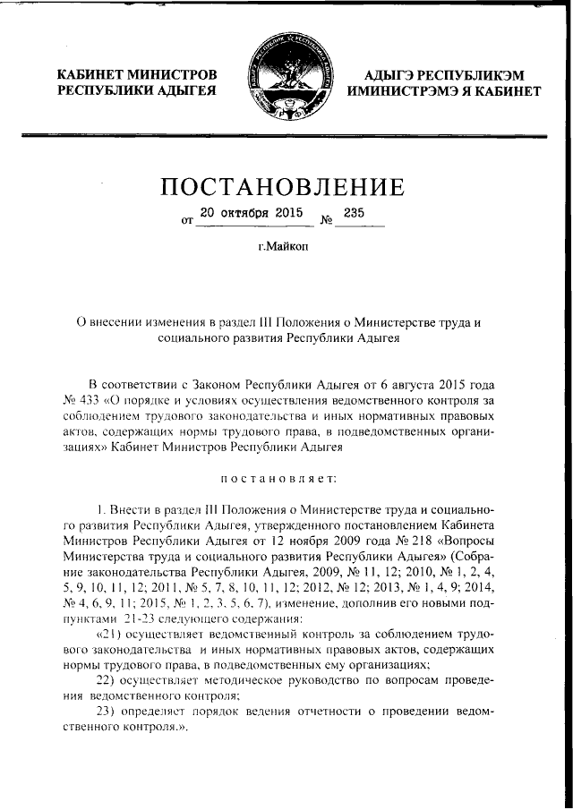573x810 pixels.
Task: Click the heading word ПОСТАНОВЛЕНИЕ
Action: pyautogui.click(x=282, y=188)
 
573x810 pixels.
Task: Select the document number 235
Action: pyautogui.click(x=354, y=213)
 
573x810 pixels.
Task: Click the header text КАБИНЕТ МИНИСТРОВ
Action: pyautogui.click(x=136, y=74)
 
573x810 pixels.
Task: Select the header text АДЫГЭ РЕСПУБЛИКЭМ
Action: pyautogui.click(x=443, y=74)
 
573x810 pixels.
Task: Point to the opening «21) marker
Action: pyautogui.click(x=113, y=634)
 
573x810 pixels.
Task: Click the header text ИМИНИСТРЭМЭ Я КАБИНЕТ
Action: pyautogui.click(x=443, y=91)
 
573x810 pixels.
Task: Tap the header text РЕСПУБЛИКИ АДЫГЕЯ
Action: pyautogui.click(x=136, y=91)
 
